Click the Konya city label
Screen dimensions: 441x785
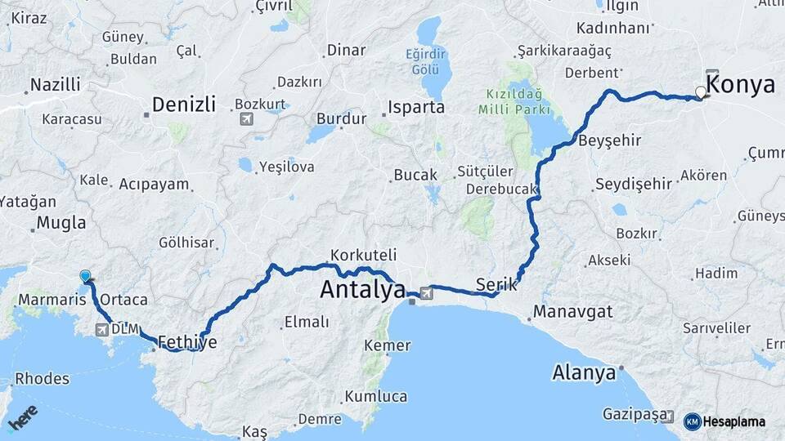(740, 84)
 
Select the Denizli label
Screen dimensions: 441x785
(184, 105)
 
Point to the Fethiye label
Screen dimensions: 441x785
(187, 341)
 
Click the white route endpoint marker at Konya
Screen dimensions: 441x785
(700, 92)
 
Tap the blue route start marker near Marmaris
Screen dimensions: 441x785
(85, 277)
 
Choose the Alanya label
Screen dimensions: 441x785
(584, 373)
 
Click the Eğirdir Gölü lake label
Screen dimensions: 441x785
(428, 62)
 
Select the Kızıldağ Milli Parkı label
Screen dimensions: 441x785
(512, 101)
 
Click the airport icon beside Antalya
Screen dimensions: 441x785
(426, 292)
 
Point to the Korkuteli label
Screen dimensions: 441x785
(363, 254)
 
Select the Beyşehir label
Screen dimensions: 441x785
(609, 140)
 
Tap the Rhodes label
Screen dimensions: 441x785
(42, 379)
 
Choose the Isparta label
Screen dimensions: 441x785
(416, 107)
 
